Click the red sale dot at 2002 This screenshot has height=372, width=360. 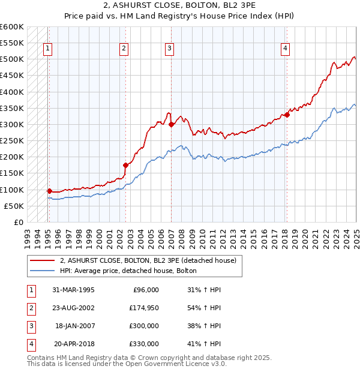[125, 165]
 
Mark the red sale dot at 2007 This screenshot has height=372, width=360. [171, 124]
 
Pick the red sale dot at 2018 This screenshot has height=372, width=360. [287, 115]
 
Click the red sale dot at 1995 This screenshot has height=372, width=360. [49, 191]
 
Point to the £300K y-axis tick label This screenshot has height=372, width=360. [12, 124]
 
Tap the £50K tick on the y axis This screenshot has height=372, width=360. [14, 206]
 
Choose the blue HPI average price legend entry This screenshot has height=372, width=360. [128, 271]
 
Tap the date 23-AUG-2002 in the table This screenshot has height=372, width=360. [73, 308]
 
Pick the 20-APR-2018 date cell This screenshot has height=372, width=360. [74, 344]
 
